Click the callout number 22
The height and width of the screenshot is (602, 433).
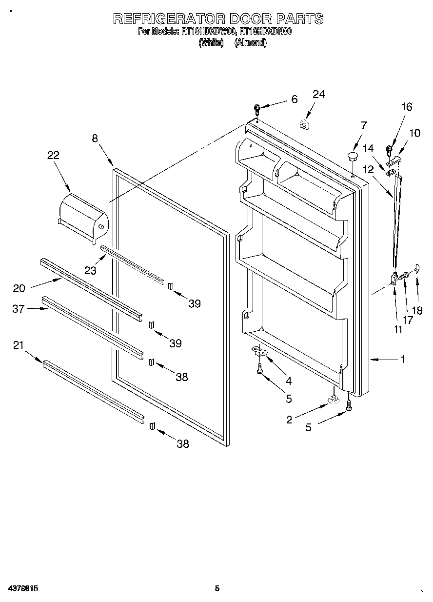[53, 155]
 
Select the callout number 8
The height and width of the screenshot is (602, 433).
[95, 138]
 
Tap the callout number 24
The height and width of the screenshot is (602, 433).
[318, 95]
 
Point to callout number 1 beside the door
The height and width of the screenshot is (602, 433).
[403, 360]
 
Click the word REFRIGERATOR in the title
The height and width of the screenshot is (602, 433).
[169, 19]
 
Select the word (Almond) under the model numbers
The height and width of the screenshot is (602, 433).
[251, 43]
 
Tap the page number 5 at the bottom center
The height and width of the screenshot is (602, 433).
[217, 589]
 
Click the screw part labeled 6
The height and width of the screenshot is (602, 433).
[257, 108]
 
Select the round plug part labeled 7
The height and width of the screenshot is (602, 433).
[353, 156]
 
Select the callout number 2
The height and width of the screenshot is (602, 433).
[289, 420]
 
